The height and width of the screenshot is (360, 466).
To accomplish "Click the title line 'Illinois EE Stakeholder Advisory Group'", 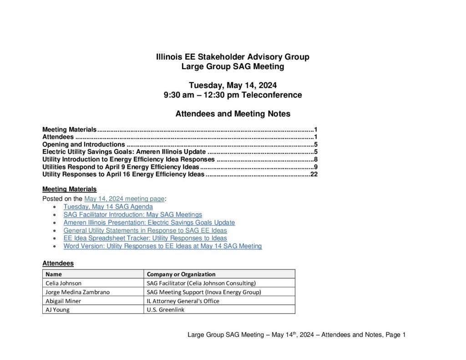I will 233,57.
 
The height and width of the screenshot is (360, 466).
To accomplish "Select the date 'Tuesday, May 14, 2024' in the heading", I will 233,85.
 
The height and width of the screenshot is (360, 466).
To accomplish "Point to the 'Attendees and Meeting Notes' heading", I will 233,114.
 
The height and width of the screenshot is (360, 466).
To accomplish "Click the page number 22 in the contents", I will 314,174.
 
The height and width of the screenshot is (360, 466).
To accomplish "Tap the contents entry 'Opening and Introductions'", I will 83,145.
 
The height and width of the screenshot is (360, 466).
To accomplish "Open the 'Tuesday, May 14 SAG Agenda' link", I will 108,207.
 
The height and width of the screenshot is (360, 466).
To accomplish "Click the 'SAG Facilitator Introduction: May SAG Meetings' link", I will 132,214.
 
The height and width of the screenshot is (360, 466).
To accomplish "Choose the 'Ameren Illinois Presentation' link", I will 149,223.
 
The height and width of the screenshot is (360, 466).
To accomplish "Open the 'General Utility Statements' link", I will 145,231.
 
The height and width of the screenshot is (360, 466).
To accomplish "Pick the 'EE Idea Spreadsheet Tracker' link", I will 145,238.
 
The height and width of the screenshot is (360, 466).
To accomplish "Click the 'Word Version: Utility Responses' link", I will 162,246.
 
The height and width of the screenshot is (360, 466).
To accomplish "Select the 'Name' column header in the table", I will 54,274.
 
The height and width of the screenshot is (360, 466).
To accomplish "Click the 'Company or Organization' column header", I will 181,274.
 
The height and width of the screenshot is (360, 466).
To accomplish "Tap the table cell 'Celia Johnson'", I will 64,283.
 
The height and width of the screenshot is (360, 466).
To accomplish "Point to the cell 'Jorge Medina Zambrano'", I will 77,292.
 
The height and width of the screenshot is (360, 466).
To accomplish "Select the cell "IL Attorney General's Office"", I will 183,301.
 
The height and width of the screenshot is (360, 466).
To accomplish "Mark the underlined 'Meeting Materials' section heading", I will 69,189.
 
